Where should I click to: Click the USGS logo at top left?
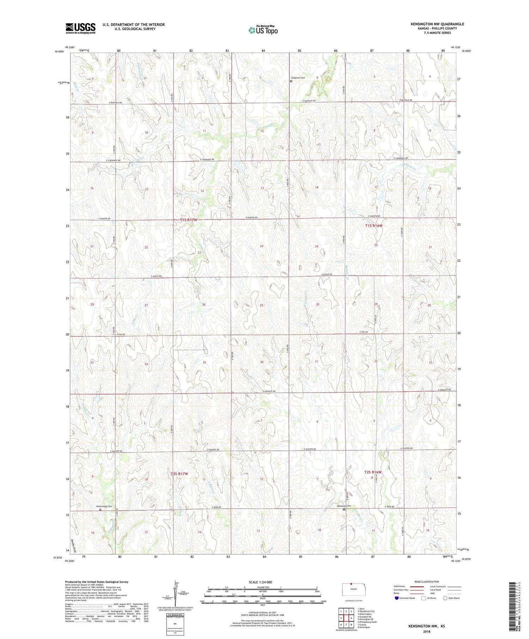[x=80, y=28]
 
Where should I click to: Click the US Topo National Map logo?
[x=263, y=30]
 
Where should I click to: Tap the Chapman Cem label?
[x=298, y=78]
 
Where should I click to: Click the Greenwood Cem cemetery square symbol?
[x=100, y=510]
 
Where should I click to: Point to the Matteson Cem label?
[x=344, y=506]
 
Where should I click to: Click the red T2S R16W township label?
[x=373, y=472]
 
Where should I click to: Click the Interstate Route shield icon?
[x=396, y=598]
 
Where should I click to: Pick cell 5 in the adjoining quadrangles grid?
[x=351, y=618]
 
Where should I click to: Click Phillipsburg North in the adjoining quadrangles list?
[x=368, y=622]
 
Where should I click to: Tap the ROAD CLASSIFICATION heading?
[x=426, y=582]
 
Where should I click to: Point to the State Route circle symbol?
[x=445, y=598]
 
